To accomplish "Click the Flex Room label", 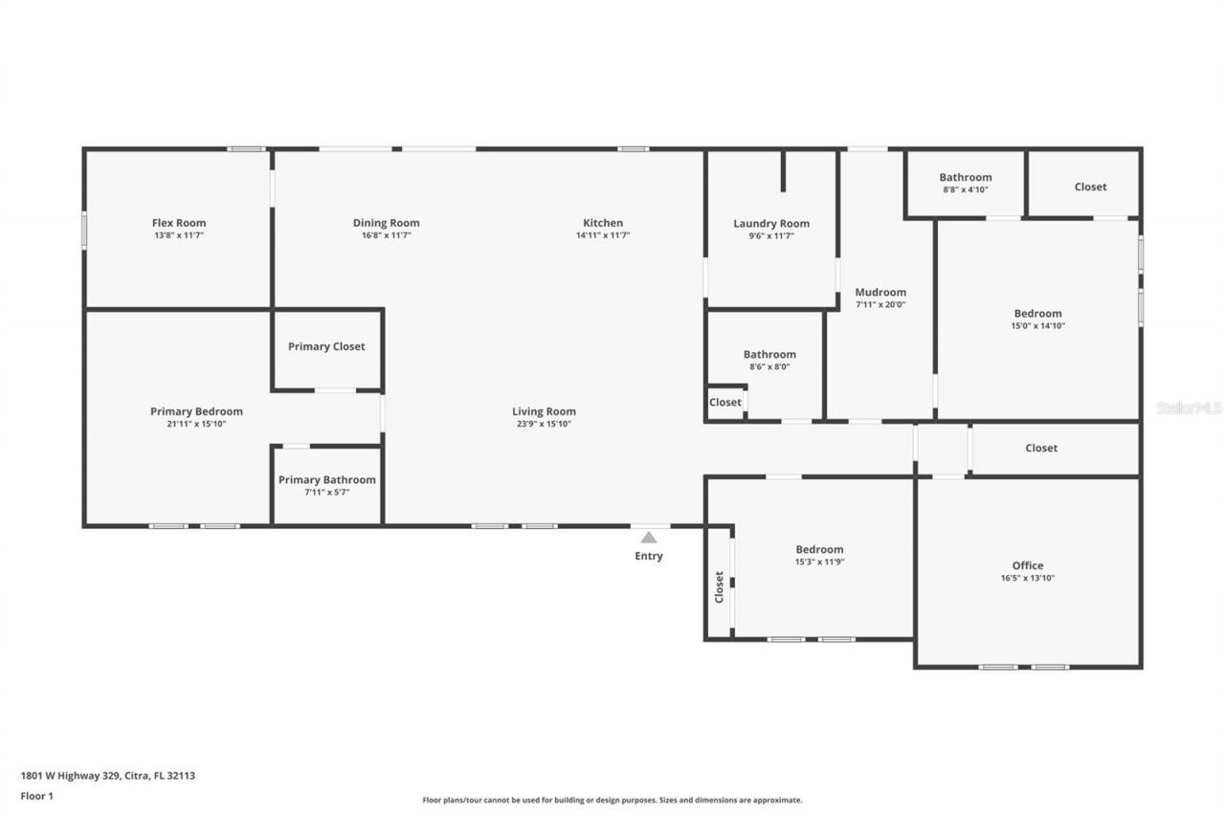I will click(179, 223).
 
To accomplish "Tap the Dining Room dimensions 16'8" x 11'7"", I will click(386, 235).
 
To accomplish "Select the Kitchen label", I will click(603, 223).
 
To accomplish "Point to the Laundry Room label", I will click(771, 223).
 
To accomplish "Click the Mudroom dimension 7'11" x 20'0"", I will click(880, 305).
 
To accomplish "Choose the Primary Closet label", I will click(326, 346).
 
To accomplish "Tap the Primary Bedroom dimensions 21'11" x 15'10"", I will click(196, 424).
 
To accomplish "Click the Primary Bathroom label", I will click(327, 479).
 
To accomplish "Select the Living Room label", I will click(544, 411).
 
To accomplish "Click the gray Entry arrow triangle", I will click(649, 538).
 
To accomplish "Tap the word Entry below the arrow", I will click(649, 556).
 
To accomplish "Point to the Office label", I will click(1028, 565).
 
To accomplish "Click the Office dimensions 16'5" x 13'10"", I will click(1028, 578).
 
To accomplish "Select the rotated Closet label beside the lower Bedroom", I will click(719, 586).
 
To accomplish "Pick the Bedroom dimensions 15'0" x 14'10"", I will click(1038, 325).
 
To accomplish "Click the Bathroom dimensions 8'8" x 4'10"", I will click(966, 189).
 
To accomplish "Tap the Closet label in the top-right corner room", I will click(1090, 187).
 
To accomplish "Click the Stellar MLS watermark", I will click(1189, 408).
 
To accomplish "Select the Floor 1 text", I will click(36, 795).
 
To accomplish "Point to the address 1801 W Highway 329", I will click(70, 776).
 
